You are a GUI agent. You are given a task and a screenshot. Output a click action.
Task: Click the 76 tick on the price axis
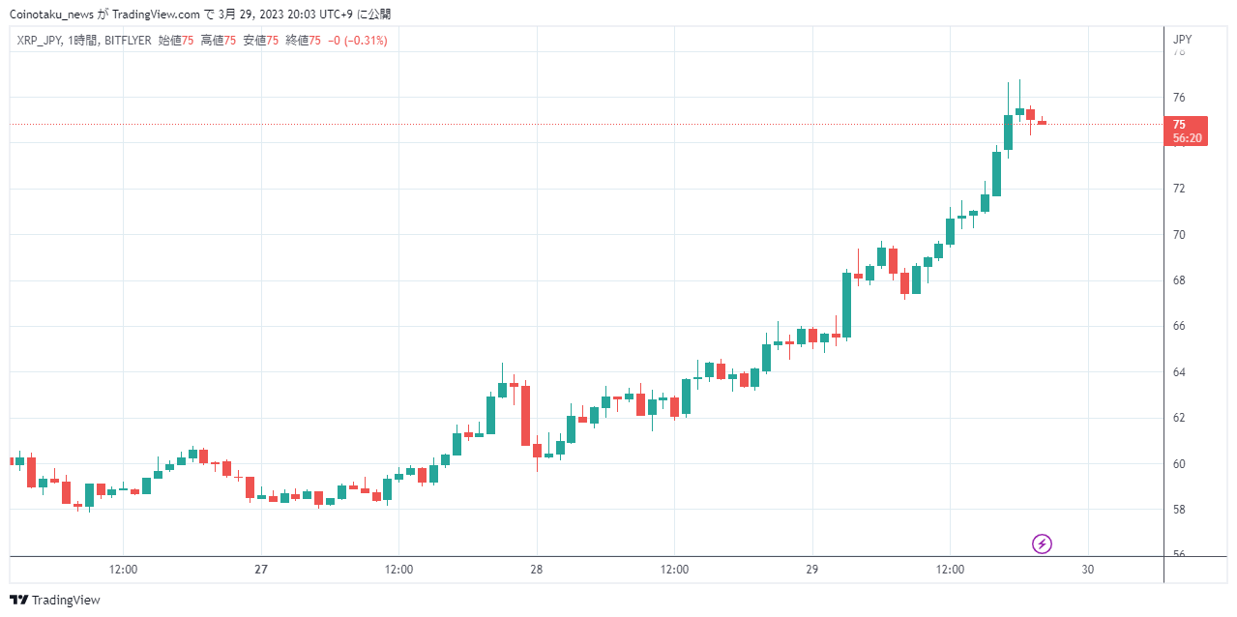(x=1179, y=98)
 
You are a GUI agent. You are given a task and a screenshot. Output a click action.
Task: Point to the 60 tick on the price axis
(x=1179, y=464)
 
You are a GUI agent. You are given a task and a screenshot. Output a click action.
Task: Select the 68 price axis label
(x=1179, y=280)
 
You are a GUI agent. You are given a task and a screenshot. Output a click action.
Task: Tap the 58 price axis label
(x=1179, y=510)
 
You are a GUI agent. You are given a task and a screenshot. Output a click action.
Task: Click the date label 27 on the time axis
(x=261, y=570)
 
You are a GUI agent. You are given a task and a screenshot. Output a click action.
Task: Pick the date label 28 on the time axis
(x=537, y=570)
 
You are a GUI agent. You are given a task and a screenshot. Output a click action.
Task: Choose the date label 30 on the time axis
(x=1088, y=570)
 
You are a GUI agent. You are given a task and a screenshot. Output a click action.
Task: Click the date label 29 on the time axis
(x=812, y=570)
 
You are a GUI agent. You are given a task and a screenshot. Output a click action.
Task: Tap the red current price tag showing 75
(x=1186, y=131)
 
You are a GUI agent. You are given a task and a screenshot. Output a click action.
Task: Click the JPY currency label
(x=1182, y=40)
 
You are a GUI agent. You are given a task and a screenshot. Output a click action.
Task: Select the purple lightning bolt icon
(x=1042, y=544)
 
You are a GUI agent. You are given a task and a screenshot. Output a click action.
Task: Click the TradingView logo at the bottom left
(x=55, y=600)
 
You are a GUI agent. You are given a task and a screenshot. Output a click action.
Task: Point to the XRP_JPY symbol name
(x=39, y=41)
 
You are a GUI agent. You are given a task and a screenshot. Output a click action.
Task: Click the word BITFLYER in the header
(x=128, y=41)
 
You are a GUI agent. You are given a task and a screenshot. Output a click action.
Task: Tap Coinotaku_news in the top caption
(x=52, y=15)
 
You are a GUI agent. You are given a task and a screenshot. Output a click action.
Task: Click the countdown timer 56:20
(x=1188, y=138)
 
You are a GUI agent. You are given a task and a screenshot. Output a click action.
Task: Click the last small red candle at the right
(x=1042, y=122)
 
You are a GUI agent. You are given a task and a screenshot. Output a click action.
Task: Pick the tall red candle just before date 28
(x=526, y=416)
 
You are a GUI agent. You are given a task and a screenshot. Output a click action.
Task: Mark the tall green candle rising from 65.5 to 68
(x=846, y=305)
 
